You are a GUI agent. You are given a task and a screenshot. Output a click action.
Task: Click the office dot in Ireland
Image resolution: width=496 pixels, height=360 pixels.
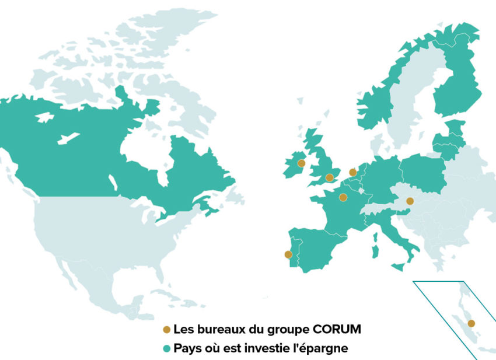tap(301, 163)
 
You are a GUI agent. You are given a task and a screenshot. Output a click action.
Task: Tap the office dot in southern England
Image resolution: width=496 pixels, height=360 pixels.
tap(329, 177)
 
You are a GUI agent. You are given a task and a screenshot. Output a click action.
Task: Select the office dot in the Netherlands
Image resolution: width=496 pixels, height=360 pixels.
tap(352, 172)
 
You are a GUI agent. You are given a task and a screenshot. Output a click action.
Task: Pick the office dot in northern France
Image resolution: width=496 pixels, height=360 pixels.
tap(343, 197)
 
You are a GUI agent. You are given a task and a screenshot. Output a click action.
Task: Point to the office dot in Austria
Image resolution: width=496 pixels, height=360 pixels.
tap(410, 201)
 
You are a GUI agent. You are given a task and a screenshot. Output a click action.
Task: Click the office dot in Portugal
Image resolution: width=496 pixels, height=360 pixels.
tap(288, 254)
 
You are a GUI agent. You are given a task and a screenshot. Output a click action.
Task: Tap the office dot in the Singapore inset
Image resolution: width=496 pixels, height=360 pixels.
tap(471, 323)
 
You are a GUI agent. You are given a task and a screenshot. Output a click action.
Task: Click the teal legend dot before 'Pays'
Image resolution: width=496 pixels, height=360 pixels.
tap(166, 349)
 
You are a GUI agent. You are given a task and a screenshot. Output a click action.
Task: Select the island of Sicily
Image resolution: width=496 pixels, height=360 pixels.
tap(399, 266)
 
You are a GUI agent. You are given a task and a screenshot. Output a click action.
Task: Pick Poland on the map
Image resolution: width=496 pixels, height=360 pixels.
tap(422, 172)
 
